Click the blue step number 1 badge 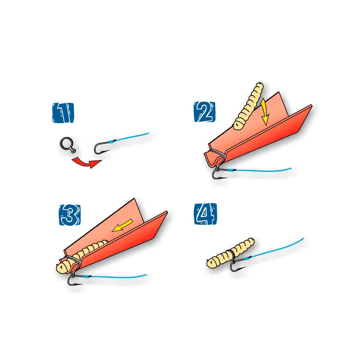tap(63, 112)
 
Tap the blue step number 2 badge tap(204, 112)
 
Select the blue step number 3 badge tap(70, 215)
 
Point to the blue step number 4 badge tap(206, 214)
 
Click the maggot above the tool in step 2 tap(248, 107)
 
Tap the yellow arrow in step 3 tap(122, 225)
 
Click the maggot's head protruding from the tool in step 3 tap(62, 267)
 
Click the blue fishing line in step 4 tap(275, 249)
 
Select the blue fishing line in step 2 tap(260, 170)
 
